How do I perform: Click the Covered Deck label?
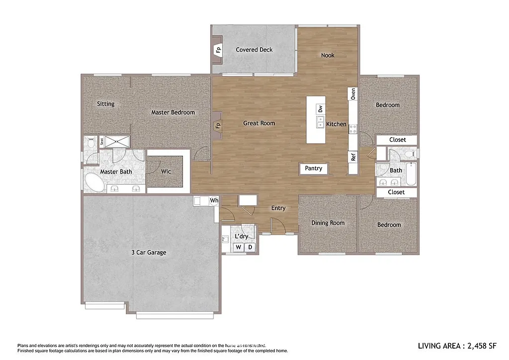(x=254, y=50)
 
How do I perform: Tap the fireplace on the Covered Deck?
(x=218, y=50)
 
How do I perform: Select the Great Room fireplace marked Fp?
(x=218, y=125)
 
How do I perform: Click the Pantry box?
(x=314, y=169)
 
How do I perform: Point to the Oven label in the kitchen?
(x=353, y=94)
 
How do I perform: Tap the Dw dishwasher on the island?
(x=320, y=109)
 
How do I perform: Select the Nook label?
(x=328, y=55)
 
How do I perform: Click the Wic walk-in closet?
(x=166, y=172)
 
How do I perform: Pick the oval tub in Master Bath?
(x=94, y=182)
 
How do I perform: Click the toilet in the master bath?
(x=90, y=144)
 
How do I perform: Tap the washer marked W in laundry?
(x=239, y=247)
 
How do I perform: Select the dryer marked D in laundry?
(x=251, y=247)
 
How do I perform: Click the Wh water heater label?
(x=214, y=201)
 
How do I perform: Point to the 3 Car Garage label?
(x=149, y=253)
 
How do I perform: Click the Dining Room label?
(x=328, y=223)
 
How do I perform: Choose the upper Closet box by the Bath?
(x=397, y=140)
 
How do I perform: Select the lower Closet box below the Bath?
(x=396, y=192)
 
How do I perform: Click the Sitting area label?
(x=105, y=104)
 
